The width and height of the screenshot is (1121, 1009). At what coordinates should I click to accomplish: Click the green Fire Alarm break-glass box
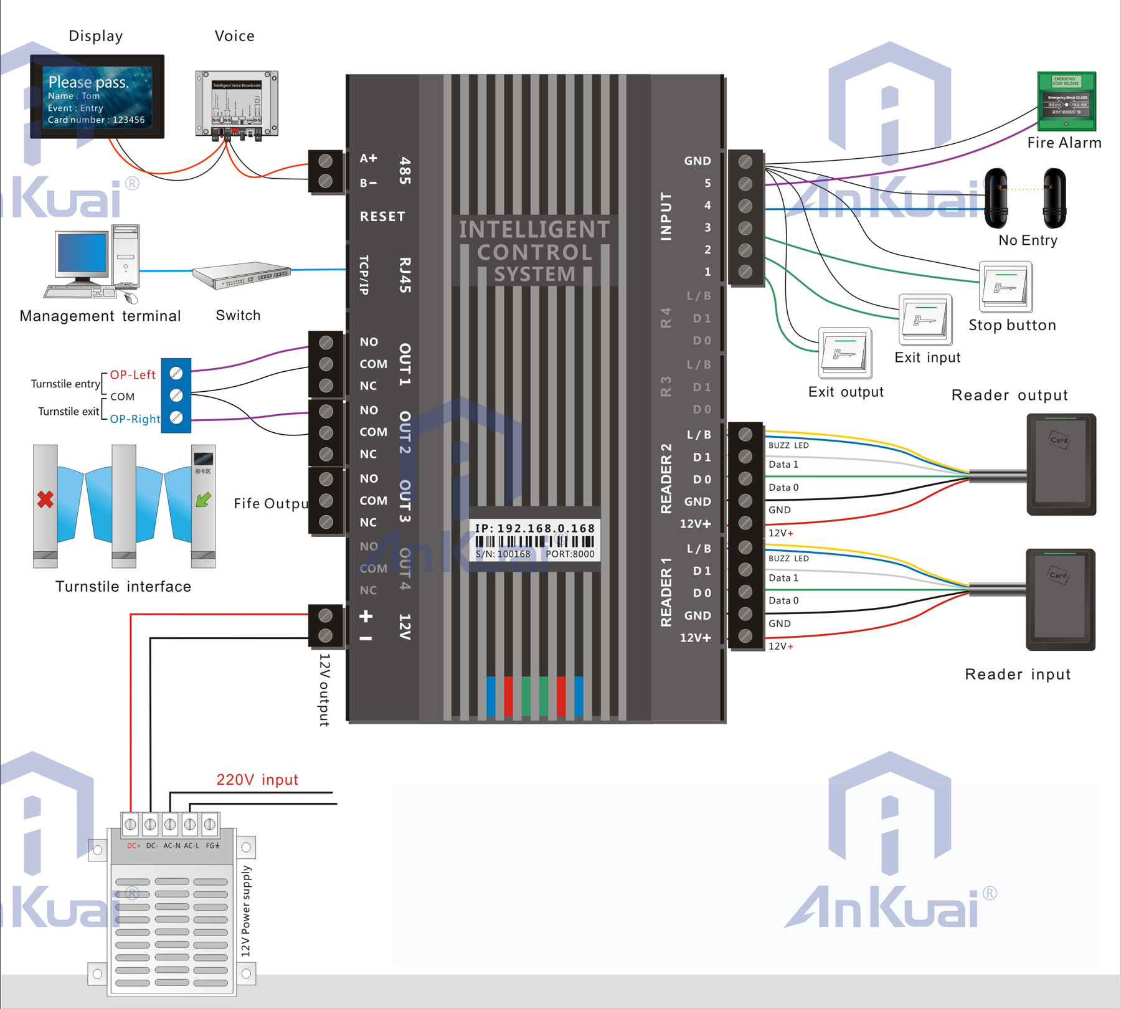[x=1066, y=101]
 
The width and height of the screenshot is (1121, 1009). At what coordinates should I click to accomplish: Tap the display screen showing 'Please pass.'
[x=97, y=97]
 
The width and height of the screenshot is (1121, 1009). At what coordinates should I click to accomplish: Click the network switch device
[x=242, y=275]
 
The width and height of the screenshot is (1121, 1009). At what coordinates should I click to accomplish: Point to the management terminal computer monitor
[x=82, y=253]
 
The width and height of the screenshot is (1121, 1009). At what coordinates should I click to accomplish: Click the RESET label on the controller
[x=382, y=217]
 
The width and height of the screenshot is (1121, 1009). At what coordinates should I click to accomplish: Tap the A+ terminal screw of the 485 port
[x=325, y=161]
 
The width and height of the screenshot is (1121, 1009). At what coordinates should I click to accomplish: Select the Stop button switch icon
[x=1005, y=287]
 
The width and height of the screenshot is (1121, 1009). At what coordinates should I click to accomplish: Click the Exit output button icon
[x=844, y=353]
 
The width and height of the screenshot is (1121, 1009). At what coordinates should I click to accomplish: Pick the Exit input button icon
[x=925, y=320]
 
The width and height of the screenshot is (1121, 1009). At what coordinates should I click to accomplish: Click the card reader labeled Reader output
[x=1060, y=464]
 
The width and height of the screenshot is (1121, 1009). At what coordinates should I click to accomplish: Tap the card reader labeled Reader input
[x=1060, y=599]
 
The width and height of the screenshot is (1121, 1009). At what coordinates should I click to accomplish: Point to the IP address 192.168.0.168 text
[x=535, y=528]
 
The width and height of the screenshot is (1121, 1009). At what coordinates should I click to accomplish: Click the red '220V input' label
[x=257, y=780]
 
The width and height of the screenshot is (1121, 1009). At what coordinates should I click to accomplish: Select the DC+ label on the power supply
[x=133, y=846]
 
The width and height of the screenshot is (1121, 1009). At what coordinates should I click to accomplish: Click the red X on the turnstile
[x=45, y=500]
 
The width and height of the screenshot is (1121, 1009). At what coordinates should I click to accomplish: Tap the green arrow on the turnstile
[x=203, y=500]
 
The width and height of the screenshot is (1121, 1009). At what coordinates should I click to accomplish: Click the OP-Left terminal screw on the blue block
[x=176, y=374]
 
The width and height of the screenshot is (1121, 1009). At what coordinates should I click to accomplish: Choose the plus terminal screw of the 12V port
[x=325, y=616]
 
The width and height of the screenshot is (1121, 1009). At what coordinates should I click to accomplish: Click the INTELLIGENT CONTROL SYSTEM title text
[x=534, y=252]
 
